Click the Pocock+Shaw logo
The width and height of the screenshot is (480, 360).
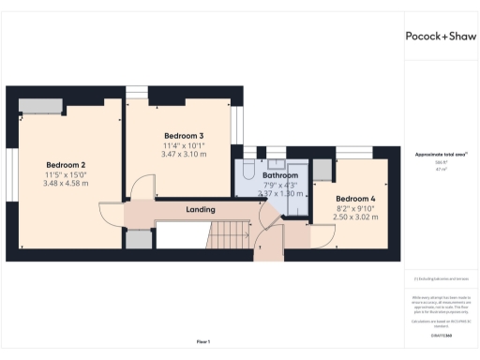(441, 37)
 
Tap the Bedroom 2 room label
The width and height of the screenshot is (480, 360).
(66, 164)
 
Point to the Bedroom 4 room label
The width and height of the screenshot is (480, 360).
(355, 199)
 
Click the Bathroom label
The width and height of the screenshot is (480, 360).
(280, 175)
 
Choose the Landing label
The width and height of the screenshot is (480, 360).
(201, 209)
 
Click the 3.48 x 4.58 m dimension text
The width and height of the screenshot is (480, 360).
(66, 184)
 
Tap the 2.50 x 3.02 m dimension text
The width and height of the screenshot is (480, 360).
(355, 217)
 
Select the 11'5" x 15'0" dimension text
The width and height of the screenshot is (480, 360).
(66, 174)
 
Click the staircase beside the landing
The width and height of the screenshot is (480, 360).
(229, 235)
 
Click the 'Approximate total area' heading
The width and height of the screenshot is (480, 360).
(441, 154)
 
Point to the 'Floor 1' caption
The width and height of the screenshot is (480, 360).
(202, 341)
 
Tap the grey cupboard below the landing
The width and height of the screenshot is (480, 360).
(138, 239)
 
